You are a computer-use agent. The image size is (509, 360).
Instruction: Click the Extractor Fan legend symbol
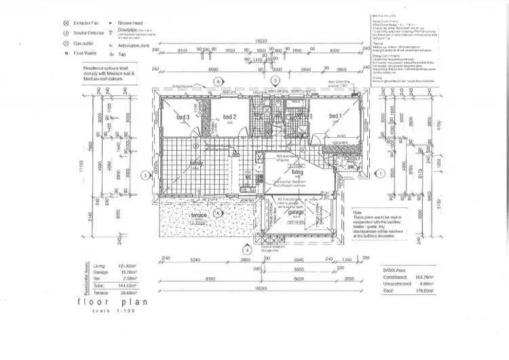(x=64, y=22)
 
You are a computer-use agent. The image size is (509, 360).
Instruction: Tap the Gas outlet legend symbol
(x=64, y=41)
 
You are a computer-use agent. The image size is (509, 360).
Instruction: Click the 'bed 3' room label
(x=183, y=118)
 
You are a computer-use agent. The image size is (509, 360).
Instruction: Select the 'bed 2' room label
(x=229, y=118)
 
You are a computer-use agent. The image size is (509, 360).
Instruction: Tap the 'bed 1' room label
(x=335, y=116)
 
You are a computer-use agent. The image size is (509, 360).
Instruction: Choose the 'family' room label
(x=197, y=164)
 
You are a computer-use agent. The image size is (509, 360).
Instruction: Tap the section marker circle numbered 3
(x=145, y=175)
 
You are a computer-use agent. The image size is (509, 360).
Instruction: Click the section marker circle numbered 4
(x=246, y=250)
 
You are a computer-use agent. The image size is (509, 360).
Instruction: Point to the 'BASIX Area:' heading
(x=396, y=270)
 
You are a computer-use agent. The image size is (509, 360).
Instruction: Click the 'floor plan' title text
(x=113, y=301)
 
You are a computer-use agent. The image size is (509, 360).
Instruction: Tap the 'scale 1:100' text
(x=113, y=310)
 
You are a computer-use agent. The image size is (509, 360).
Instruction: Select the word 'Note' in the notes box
(x=358, y=211)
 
